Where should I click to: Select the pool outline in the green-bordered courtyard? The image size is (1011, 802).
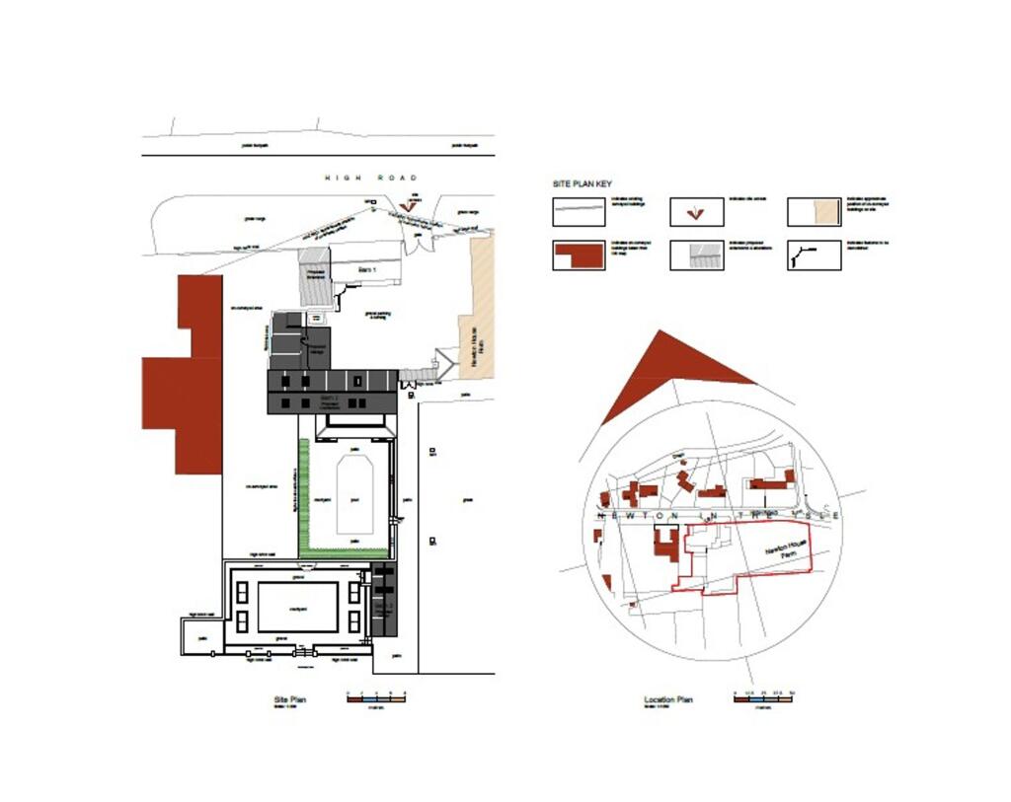[x=357, y=492]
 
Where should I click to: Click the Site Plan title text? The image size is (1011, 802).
[x=290, y=699]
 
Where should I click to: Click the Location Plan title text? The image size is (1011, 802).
[x=667, y=699]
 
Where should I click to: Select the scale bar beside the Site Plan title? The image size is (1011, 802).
[x=376, y=696]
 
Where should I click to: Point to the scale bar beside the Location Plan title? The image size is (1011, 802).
[x=764, y=696]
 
